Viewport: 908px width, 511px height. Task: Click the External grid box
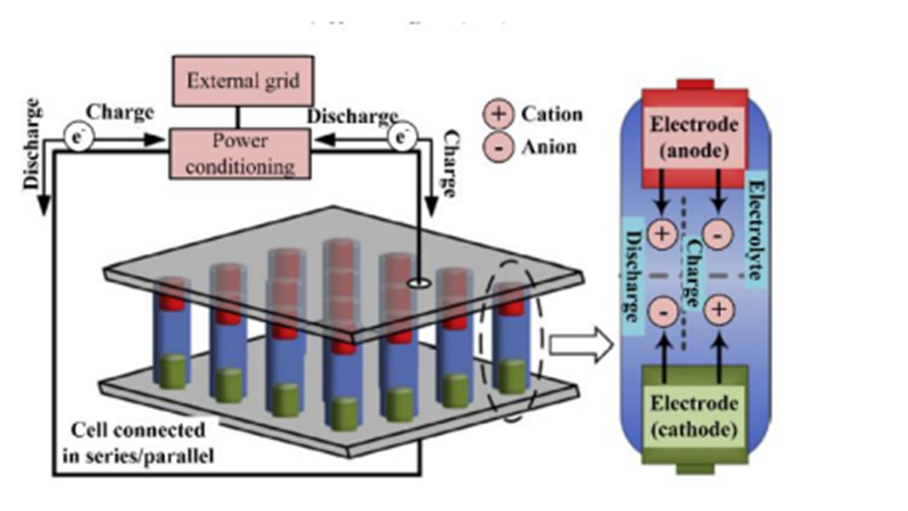click(243, 80)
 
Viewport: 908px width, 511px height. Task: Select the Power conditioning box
click(239, 153)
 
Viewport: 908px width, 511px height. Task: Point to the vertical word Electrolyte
click(753, 227)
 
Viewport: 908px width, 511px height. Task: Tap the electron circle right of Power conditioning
click(401, 138)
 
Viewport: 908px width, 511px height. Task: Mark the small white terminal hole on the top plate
click(420, 283)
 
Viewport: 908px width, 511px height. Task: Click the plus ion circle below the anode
click(662, 234)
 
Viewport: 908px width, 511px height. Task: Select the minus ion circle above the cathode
click(662, 311)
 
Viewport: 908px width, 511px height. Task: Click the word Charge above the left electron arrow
click(120, 112)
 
